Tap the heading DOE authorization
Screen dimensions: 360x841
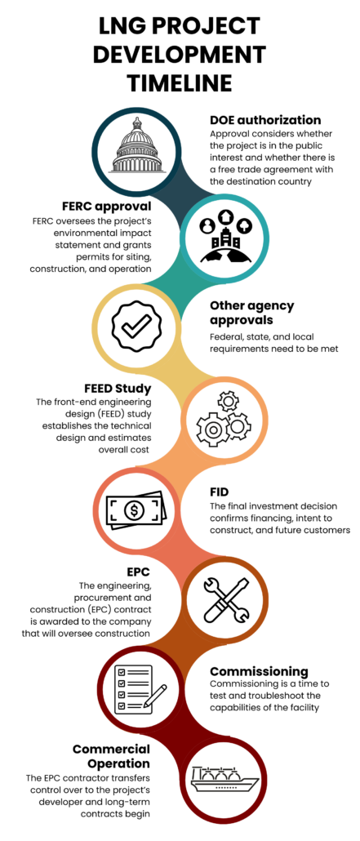click(265, 119)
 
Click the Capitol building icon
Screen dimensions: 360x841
click(136, 145)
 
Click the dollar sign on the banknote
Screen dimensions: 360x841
click(132, 508)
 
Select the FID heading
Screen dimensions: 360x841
click(219, 492)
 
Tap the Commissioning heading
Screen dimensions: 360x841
click(259, 671)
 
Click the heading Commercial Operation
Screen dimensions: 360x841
click(112, 756)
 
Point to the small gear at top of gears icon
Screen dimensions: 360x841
click(229, 401)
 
